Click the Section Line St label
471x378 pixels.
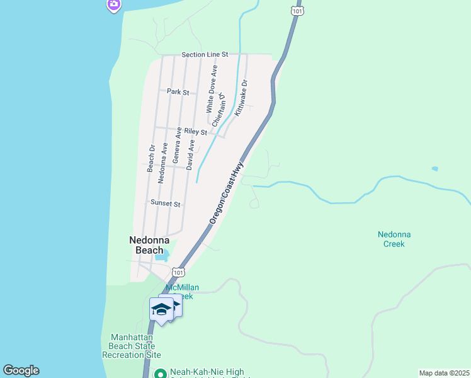205,55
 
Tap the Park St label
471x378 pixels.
178,92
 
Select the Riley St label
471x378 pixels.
196,132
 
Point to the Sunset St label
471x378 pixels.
166,203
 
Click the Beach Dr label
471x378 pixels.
151,159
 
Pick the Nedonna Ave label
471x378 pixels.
163,163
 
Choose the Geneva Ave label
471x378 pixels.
178,146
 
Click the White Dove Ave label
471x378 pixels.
212,89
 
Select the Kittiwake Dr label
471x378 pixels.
242,97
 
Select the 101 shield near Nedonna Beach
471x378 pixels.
178,273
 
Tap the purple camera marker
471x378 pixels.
114,4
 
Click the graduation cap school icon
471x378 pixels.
161,309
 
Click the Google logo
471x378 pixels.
21,370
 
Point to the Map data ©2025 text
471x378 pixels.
444,373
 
